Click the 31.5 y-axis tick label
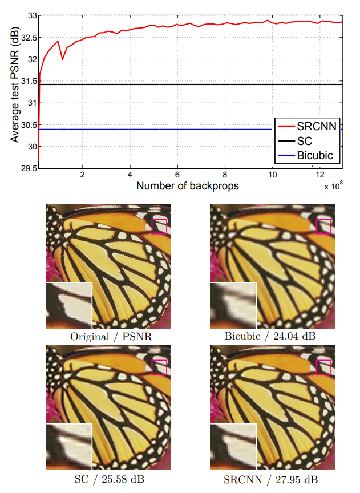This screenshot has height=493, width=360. [26, 82]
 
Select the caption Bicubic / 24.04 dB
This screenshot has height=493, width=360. [262, 336]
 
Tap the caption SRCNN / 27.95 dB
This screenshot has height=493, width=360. [262, 478]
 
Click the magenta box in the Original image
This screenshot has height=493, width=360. [159, 226]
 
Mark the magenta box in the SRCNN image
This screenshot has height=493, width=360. [323, 367]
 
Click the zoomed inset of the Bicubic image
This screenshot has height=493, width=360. [233, 305]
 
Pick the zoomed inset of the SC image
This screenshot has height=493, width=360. [68, 446]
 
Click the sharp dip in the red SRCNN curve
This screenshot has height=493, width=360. [62, 59]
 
